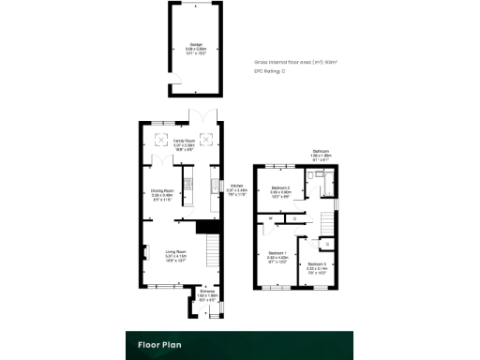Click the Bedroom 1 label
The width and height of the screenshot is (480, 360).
(x=277, y=255)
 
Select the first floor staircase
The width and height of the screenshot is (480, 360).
(x=328, y=224)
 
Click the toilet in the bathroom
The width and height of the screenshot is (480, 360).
(x=322, y=175)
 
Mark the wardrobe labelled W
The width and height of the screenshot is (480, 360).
(x=272, y=220)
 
